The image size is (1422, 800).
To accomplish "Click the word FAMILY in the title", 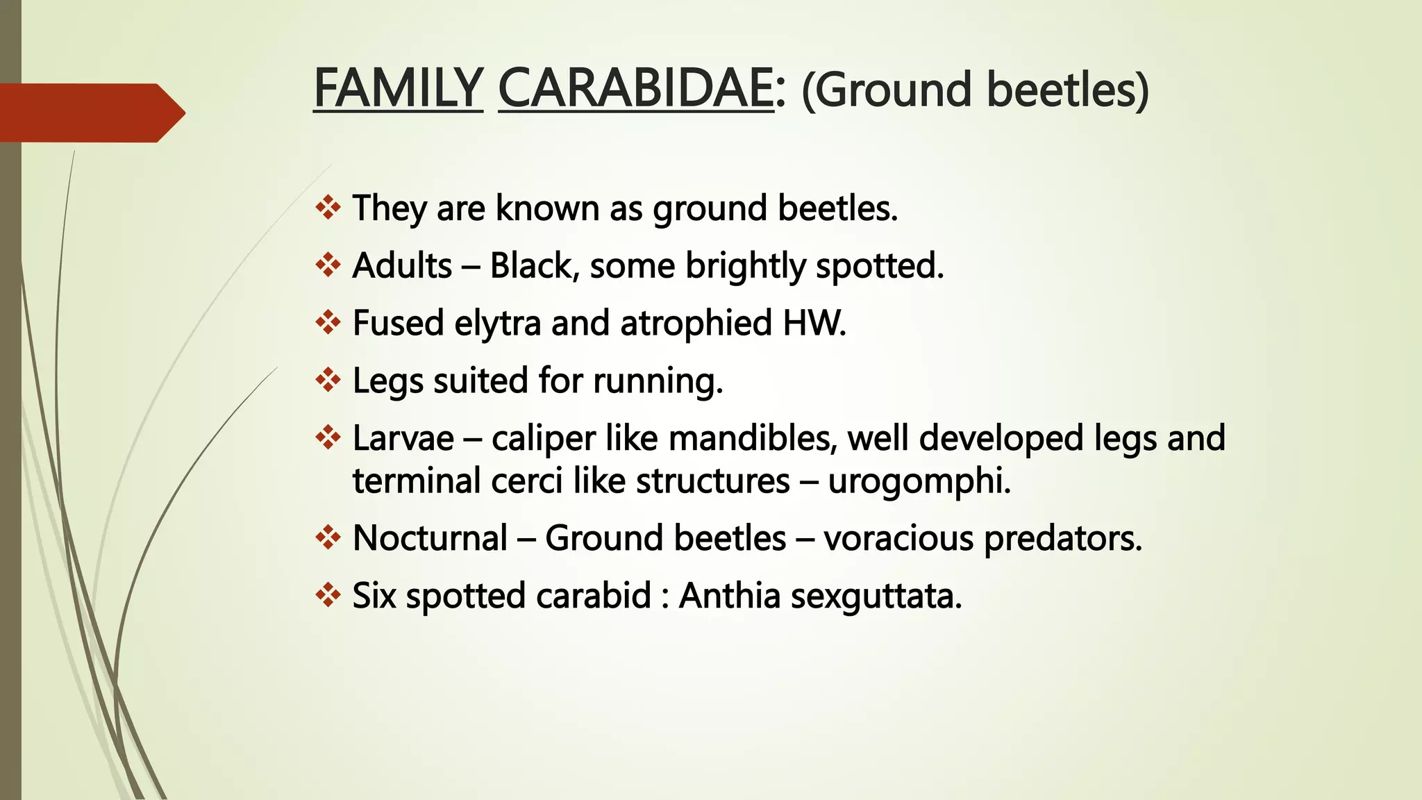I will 398,89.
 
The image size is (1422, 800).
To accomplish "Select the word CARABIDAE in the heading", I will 635,89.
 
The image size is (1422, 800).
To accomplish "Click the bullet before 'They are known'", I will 328,208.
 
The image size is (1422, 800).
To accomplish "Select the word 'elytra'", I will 497,323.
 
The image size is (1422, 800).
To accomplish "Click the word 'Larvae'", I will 403,438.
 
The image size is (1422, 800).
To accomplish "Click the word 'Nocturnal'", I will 430,537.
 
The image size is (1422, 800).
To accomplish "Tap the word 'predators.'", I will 1063,537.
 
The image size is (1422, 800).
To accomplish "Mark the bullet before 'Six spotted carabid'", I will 328,595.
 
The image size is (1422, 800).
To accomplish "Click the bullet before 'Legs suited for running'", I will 328,380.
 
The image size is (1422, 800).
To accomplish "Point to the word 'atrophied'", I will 696,323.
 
